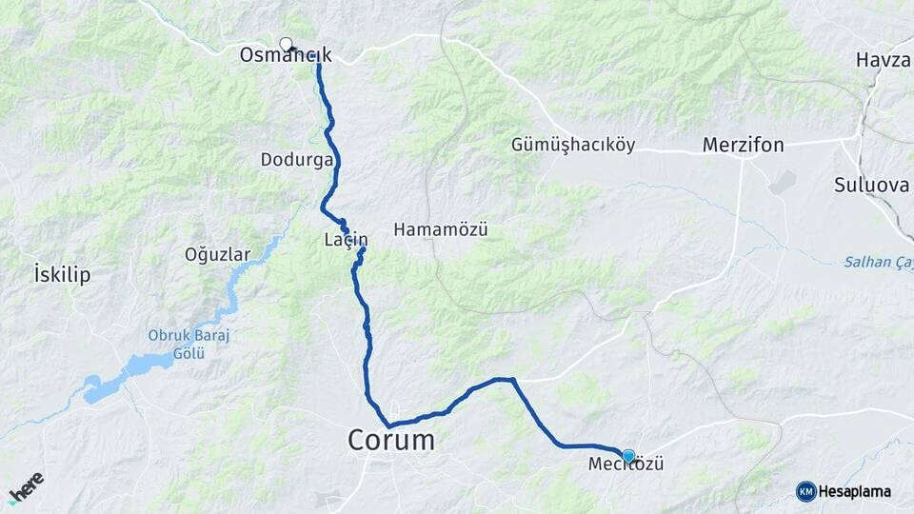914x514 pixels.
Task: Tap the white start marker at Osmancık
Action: pos(286,43)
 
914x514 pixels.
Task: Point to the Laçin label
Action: pos(346,241)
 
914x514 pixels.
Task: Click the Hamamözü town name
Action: pos(441,229)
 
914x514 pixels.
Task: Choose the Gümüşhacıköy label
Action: pos(573,146)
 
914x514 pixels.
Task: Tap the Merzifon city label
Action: pos(743,146)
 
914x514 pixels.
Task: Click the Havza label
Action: pos(883,60)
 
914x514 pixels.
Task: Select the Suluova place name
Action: pos(872,185)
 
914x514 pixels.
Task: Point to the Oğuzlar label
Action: pos(218,254)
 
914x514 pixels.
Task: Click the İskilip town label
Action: pos(61,275)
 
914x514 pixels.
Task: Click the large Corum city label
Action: pos(391,440)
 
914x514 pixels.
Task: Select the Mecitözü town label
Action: pos(626,465)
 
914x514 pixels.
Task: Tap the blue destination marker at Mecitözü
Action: pos(628,456)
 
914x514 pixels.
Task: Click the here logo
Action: pos(26,488)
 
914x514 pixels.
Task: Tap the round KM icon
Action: pos(805,491)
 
